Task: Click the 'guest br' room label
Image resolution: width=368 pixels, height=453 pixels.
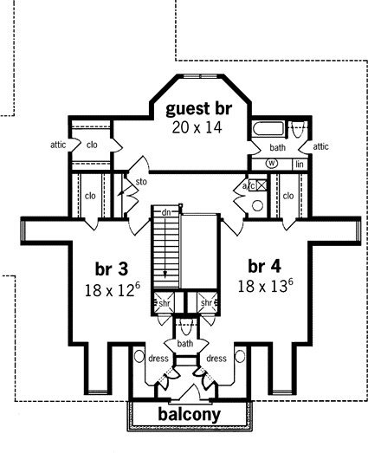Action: tap(199, 108)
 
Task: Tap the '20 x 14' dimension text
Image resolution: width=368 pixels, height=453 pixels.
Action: tap(197, 127)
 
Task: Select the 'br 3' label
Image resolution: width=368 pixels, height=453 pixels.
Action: tap(111, 269)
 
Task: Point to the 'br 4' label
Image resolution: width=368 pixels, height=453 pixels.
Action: tap(264, 267)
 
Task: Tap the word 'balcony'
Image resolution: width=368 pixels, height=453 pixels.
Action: tap(190, 414)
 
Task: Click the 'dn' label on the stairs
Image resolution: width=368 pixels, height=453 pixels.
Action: tap(166, 212)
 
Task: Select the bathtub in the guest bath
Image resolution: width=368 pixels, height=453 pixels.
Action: tap(268, 128)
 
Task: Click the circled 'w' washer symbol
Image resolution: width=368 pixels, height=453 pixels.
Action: tap(272, 164)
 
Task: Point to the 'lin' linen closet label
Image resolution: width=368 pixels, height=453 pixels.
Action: tap(300, 164)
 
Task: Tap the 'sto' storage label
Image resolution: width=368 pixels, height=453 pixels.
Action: tap(141, 182)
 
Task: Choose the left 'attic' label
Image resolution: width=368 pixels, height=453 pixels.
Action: tap(58, 145)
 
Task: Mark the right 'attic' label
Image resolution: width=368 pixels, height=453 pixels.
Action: tap(321, 146)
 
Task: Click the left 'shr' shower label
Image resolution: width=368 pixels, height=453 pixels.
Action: tap(165, 303)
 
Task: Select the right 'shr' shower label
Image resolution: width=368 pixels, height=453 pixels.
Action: tap(207, 303)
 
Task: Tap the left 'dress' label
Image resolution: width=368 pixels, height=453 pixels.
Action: tap(158, 359)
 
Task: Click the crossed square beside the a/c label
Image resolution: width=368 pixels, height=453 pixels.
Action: tap(261, 184)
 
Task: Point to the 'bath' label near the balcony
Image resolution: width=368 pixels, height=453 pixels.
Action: tap(185, 344)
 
